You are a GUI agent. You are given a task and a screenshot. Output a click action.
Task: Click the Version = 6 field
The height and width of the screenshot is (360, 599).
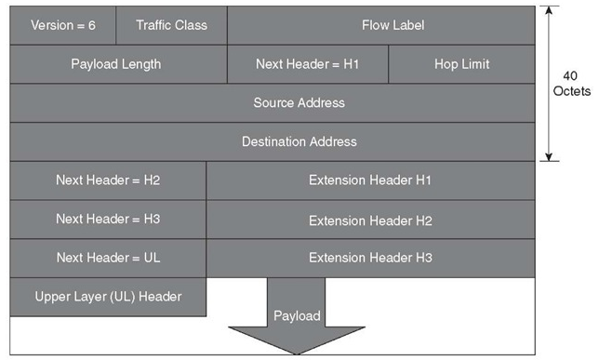pyautogui.click(x=63, y=25)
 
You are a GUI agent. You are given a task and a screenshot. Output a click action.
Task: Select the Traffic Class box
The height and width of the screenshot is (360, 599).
pyautogui.click(x=171, y=25)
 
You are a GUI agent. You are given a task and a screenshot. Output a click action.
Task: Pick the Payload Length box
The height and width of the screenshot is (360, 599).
pyautogui.click(x=117, y=64)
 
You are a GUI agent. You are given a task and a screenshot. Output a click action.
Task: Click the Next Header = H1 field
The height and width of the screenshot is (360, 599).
pyautogui.click(x=307, y=64)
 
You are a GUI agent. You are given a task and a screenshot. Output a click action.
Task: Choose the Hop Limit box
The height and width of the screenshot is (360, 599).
pyautogui.click(x=461, y=64)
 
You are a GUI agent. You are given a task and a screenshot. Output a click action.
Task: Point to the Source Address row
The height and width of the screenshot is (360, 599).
pyautogui.click(x=272, y=103)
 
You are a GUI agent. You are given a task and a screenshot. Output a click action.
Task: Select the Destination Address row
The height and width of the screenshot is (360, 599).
pyautogui.click(x=272, y=141)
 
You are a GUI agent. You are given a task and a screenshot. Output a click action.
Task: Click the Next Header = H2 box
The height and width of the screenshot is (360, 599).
pyautogui.click(x=108, y=180)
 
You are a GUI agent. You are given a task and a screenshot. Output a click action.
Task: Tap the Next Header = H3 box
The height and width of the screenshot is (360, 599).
pyautogui.click(x=108, y=219)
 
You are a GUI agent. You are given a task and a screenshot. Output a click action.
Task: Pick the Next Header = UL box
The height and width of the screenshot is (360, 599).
pyautogui.click(x=108, y=257)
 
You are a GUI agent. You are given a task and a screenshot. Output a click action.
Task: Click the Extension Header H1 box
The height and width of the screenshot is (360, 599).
pyautogui.click(x=370, y=180)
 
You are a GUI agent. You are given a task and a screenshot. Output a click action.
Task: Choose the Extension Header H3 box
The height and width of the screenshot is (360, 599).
pyautogui.click(x=370, y=258)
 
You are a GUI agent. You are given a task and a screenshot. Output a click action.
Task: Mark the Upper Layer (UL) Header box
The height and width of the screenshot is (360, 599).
pyautogui.click(x=108, y=297)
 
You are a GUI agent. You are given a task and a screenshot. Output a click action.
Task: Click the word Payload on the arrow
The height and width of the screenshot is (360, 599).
pyautogui.click(x=297, y=316)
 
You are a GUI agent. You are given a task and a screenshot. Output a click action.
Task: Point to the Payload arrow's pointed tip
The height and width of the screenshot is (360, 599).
pyautogui.click(x=297, y=353)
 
